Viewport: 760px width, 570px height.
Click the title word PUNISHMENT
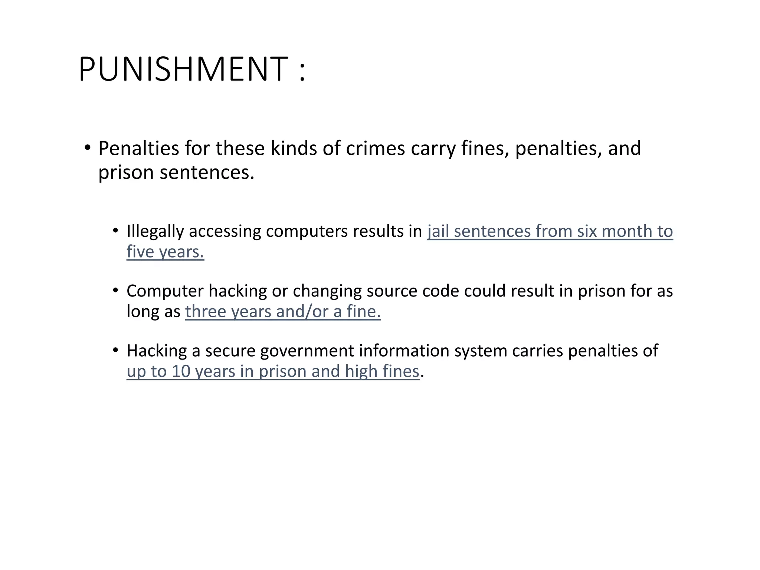(x=183, y=69)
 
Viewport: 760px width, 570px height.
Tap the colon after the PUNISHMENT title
(x=302, y=71)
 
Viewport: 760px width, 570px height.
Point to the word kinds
(x=293, y=148)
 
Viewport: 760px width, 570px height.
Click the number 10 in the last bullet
(x=181, y=371)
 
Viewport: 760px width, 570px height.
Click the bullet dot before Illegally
(x=115, y=231)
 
